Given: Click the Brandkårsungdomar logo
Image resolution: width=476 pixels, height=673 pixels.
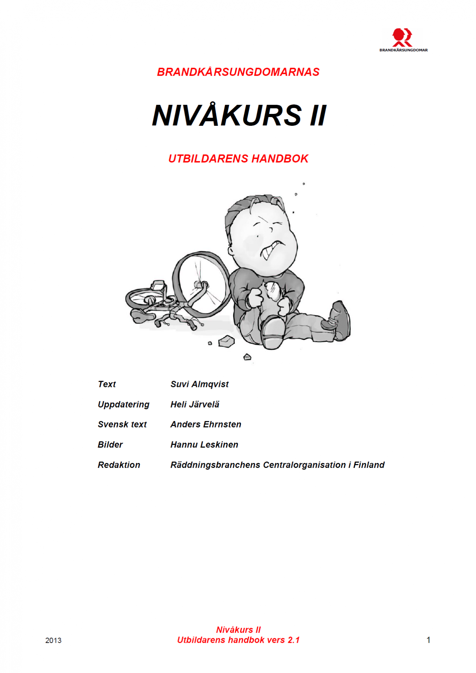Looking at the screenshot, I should pyautogui.click(x=403, y=40).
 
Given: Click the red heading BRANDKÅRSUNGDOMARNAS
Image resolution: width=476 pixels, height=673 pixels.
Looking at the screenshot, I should pyautogui.click(x=238, y=72).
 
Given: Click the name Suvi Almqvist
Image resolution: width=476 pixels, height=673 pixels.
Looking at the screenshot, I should pyautogui.click(x=199, y=384).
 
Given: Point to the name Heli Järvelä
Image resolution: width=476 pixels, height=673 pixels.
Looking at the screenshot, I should pyautogui.click(x=195, y=405).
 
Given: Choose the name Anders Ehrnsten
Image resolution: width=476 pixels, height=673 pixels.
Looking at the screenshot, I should pyautogui.click(x=206, y=424).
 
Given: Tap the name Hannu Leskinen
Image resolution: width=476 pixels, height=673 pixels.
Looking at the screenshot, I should pyautogui.click(x=204, y=445).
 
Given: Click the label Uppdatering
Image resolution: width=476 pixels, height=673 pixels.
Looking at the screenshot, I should pyautogui.click(x=123, y=405).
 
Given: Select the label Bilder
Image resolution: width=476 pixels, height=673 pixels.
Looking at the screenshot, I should pyautogui.click(x=110, y=445).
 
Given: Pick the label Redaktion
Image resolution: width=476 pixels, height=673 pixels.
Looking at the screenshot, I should pyautogui.click(x=119, y=465).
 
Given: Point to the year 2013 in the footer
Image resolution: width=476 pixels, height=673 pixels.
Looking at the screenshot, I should pyautogui.click(x=53, y=640).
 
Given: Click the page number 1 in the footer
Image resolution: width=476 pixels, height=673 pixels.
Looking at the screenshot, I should pyautogui.click(x=428, y=640).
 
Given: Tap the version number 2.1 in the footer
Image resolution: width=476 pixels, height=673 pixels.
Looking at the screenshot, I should pyautogui.click(x=294, y=640).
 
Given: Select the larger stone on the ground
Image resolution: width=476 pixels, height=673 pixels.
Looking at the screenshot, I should pyautogui.click(x=226, y=341).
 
